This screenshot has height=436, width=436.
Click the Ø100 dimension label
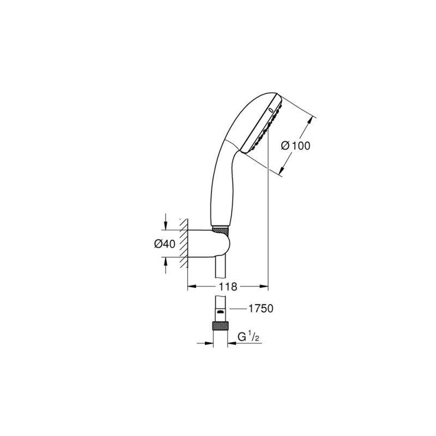click(295, 146)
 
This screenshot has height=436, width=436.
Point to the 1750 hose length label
click(259, 309)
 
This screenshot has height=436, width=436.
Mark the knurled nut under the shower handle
click(220, 226)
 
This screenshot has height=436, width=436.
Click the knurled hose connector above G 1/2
click(220, 329)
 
